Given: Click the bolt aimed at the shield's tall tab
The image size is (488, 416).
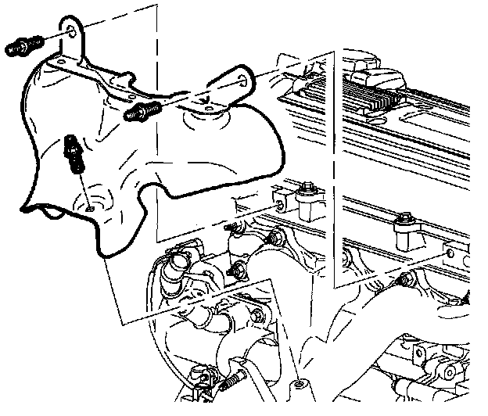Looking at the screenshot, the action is (x=23, y=47).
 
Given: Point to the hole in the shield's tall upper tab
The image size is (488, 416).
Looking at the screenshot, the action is (x=71, y=30).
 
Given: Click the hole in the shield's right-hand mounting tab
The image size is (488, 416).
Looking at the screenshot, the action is (x=242, y=80).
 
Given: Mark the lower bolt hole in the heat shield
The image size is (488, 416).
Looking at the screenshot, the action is (x=91, y=208).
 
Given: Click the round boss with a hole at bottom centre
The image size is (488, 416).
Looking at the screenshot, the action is (x=300, y=386).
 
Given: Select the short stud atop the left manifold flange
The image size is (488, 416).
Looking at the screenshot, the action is (x=231, y=228).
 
